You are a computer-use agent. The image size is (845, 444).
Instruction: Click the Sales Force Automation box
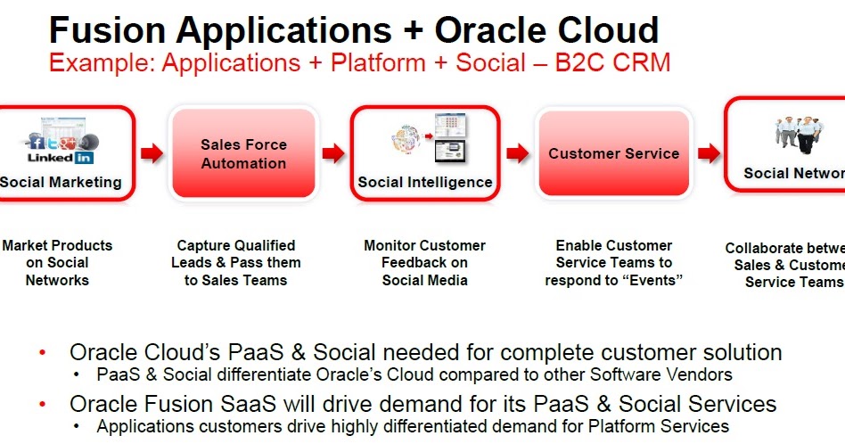[x=243, y=153]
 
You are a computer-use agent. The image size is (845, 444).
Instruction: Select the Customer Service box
[x=613, y=153]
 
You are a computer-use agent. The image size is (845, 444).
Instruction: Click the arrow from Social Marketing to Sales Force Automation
[x=152, y=153]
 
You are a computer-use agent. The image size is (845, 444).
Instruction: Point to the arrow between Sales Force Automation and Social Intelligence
[x=333, y=153]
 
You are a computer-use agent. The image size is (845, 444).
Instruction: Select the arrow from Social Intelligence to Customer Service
[x=517, y=153]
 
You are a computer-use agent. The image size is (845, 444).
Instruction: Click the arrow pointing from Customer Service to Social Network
[x=709, y=153]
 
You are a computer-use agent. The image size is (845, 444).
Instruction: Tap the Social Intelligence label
[x=425, y=182]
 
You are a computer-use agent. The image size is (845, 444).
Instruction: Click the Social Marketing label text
[x=61, y=182]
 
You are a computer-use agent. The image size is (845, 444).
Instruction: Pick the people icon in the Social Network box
[x=795, y=134]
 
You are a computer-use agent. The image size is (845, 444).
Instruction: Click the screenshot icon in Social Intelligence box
[x=451, y=137]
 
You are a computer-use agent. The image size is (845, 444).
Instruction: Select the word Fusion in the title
[x=108, y=30]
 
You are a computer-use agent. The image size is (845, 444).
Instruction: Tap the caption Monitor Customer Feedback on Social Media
[x=425, y=262]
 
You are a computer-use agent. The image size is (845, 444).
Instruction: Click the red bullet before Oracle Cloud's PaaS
[x=42, y=353]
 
